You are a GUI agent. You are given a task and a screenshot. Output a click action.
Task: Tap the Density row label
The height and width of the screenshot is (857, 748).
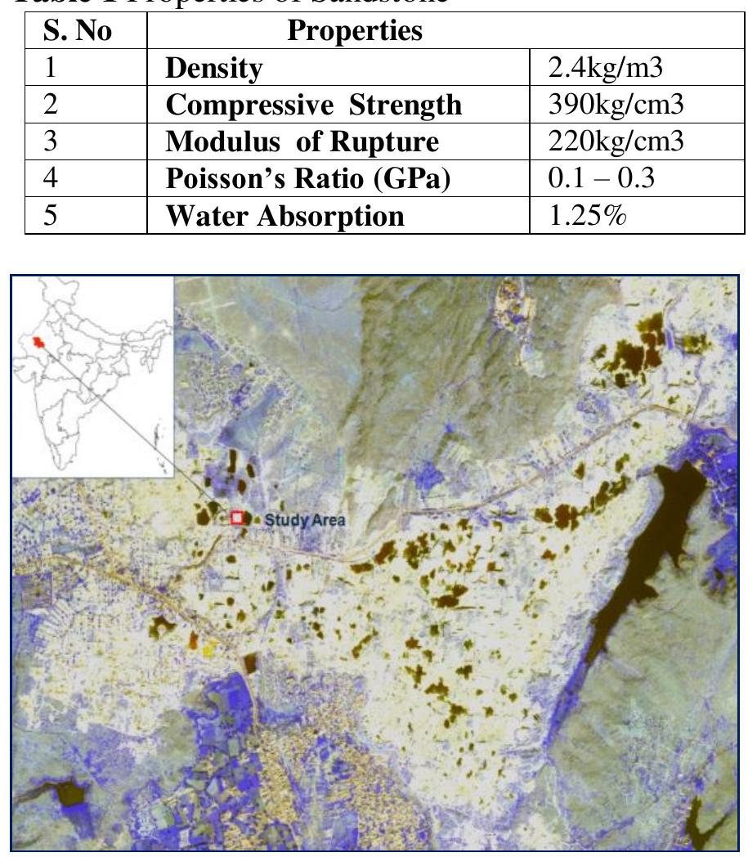coord(213,69)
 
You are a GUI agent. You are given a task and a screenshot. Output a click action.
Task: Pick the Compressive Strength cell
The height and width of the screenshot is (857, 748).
coord(313,105)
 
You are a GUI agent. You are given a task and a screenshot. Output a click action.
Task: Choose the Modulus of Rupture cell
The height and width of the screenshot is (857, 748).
coord(302,142)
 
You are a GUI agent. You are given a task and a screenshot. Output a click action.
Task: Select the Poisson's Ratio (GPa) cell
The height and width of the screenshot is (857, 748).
coord(308,179)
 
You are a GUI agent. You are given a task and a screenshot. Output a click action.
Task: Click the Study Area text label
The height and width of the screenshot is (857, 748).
coord(305,519)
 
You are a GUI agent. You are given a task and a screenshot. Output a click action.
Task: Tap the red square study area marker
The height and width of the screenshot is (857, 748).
coord(237,517)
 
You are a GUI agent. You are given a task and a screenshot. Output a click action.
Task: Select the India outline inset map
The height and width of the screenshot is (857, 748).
coord(93,376)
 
